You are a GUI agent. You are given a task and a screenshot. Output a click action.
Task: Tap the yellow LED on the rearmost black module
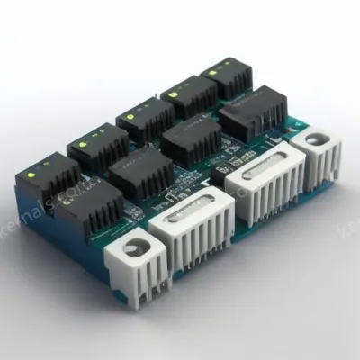(x=212, y=70)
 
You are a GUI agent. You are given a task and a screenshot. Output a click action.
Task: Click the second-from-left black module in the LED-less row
(x=141, y=173)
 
